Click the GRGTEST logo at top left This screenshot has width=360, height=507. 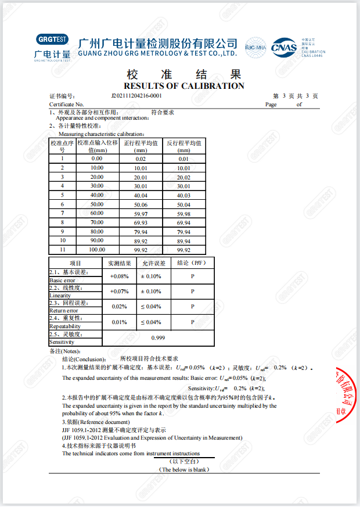pyautogui.click(x=52, y=47)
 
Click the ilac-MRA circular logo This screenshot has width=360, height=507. pyautogui.click(x=255, y=47)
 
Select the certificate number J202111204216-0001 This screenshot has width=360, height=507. pyautogui.click(x=136, y=96)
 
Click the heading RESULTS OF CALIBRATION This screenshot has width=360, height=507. pyautogui.click(x=184, y=86)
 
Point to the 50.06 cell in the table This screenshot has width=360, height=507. pyautogui.click(x=141, y=204)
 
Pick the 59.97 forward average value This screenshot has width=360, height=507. pyautogui.click(x=141, y=214)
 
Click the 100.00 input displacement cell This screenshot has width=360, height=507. pyautogui.click(x=97, y=250)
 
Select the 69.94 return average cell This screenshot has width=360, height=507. pyautogui.click(x=183, y=222)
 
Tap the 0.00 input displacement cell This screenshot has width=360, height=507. pyautogui.click(x=97, y=159)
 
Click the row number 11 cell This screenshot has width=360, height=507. pyautogui.click(x=62, y=250)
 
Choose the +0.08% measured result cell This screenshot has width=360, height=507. pyautogui.click(x=119, y=276)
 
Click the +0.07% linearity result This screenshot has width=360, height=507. pyautogui.click(x=119, y=292)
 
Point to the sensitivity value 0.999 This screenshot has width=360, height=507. pyautogui.click(x=158, y=337)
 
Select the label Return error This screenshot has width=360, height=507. pyautogui.click(x=64, y=311)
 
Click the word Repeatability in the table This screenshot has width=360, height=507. pyautogui.click(x=66, y=326)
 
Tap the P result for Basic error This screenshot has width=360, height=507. pyautogui.click(x=192, y=276)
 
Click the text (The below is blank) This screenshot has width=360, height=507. pyautogui.click(x=184, y=469)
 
